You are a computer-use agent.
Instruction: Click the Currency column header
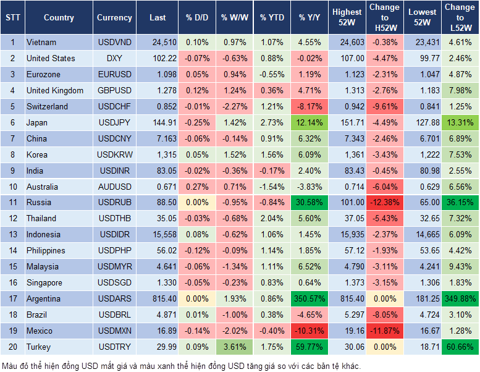pos(114,18)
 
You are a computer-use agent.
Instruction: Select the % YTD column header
pos(271,18)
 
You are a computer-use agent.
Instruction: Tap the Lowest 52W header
pos(423,17)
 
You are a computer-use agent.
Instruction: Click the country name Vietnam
pos(41,43)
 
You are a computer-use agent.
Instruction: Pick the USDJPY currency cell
pos(114,122)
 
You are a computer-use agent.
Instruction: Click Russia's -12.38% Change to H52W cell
pos(384,203)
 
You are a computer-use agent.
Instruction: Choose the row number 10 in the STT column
pos(12,187)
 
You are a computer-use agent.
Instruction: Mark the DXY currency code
pos(114,59)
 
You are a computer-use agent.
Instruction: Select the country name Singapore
pos(44,282)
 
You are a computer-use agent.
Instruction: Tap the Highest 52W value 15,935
pos(347,235)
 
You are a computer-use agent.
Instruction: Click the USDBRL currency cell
pos(114,315)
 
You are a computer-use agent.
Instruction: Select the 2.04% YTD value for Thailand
pos(271,219)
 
